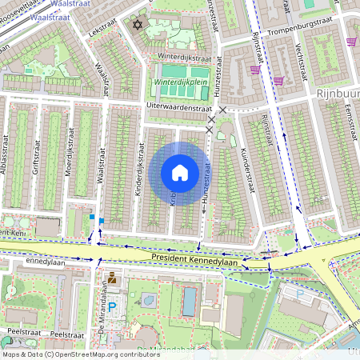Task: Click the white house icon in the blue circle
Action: [180, 173]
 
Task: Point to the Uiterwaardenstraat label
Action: [179, 106]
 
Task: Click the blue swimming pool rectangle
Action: [188, 302]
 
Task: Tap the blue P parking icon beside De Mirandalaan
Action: [112, 306]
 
